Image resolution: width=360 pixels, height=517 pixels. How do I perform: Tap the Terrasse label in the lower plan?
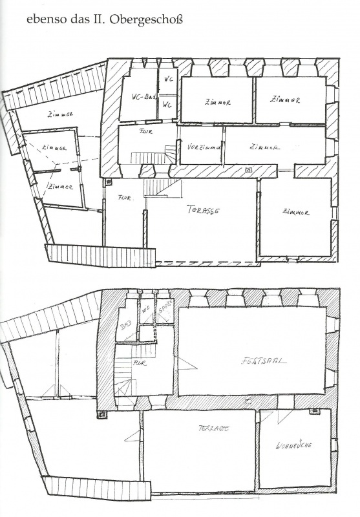(214, 428)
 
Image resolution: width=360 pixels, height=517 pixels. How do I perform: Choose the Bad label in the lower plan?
(125, 328)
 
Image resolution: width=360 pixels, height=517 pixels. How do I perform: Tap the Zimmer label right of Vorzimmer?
(264, 147)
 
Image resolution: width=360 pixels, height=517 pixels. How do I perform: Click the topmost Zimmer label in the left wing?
(59, 115)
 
